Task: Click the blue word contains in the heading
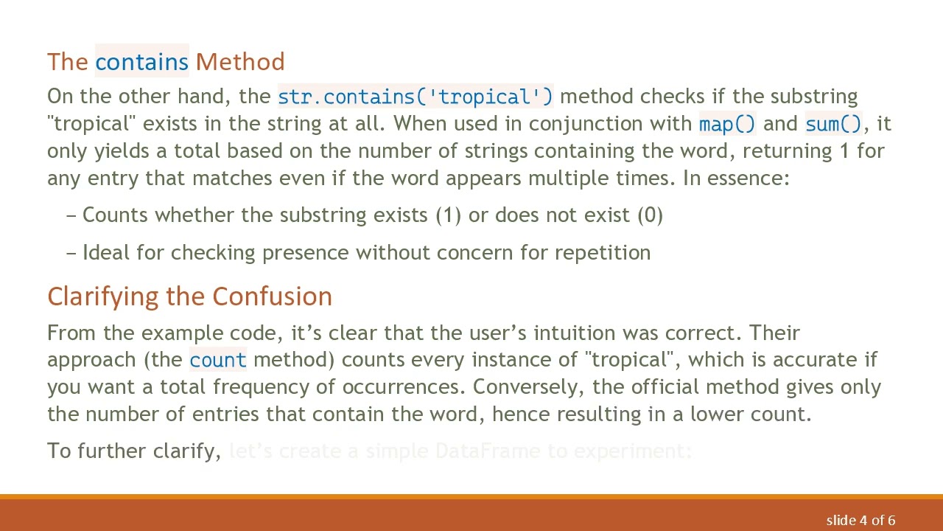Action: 141,62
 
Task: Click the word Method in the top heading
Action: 240,62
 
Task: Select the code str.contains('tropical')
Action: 415,97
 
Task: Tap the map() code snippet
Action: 727,124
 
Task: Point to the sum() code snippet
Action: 833,124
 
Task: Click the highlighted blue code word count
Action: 218,360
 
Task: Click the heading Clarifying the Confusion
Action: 189,296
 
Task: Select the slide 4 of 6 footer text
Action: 860,521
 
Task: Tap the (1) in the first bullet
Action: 448,215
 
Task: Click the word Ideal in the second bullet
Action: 106,253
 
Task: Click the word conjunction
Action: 609,124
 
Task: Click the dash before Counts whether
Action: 71,215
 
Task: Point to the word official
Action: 665,387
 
